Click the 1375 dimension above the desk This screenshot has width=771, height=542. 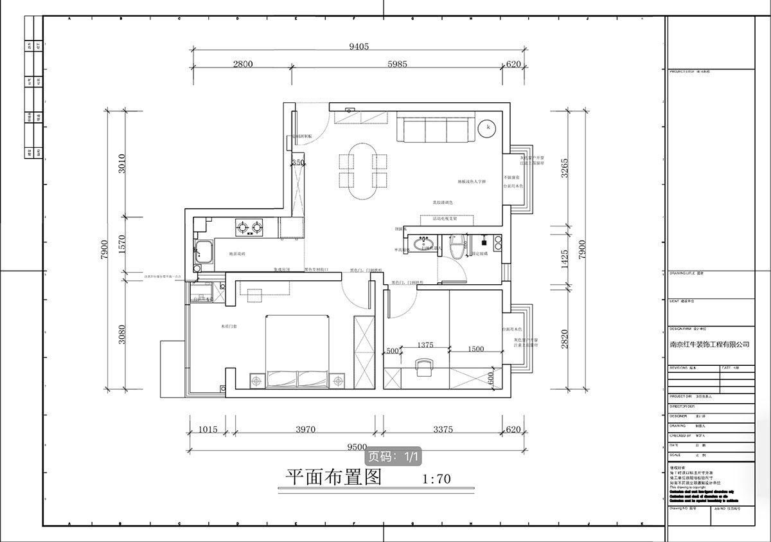click(425, 345)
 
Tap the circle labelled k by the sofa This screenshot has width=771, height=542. click(488, 128)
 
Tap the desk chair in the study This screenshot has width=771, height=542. click(423, 367)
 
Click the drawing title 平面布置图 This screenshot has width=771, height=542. click(334, 477)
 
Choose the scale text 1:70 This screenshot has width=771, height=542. click(438, 479)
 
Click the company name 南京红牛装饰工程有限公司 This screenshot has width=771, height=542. click(709, 345)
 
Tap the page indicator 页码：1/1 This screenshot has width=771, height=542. click(394, 456)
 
